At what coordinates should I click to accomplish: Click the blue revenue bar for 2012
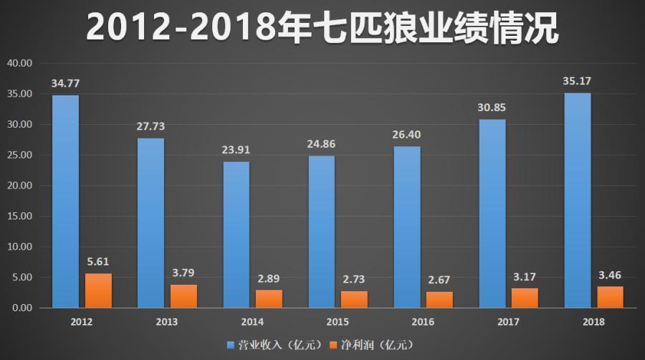click(x=65, y=202)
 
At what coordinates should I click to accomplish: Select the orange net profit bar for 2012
click(x=98, y=290)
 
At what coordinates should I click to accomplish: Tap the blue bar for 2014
click(x=236, y=235)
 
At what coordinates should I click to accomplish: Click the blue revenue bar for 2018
click(x=577, y=200)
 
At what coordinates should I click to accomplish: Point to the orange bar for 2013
click(x=183, y=296)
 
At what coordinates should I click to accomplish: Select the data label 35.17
click(x=577, y=81)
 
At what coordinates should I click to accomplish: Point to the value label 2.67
click(x=439, y=280)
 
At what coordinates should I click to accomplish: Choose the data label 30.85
click(x=492, y=108)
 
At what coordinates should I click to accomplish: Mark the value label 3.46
click(x=610, y=275)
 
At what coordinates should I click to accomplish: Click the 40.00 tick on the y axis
click(x=20, y=63)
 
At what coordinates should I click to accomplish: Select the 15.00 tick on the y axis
click(x=20, y=216)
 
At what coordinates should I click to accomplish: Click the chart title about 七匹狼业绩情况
click(x=322, y=27)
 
